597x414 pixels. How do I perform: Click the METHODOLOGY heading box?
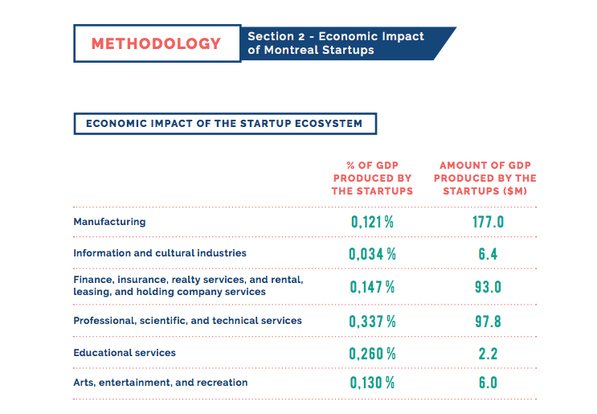[x=157, y=43]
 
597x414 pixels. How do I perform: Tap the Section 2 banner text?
[x=336, y=43]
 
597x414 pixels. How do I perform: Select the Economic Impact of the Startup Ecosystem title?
[x=224, y=124]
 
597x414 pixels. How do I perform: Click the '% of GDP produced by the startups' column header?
[x=372, y=178]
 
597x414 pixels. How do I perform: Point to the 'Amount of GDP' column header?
[x=488, y=178]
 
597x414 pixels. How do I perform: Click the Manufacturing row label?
[x=109, y=221]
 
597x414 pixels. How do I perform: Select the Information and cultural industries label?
[x=160, y=253]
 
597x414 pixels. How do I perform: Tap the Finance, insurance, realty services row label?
[x=188, y=285]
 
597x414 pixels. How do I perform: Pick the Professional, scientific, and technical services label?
[x=187, y=321]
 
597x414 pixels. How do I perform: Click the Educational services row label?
[x=125, y=353]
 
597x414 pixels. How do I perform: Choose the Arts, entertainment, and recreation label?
[x=161, y=383]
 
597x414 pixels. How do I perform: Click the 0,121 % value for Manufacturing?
[x=372, y=222]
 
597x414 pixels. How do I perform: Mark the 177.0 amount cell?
[x=488, y=222]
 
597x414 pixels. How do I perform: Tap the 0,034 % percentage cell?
[x=372, y=254]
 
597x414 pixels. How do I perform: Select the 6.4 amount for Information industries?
[x=488, y=254]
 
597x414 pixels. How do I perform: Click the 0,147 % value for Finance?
[x=372, y=286]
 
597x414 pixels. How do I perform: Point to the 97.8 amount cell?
[x=488, y=321]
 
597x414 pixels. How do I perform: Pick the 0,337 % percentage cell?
[x=372, y=321]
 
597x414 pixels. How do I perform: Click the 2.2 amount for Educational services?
[x=488, y=353]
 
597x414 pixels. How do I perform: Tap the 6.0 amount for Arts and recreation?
[x=488, y=383]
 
